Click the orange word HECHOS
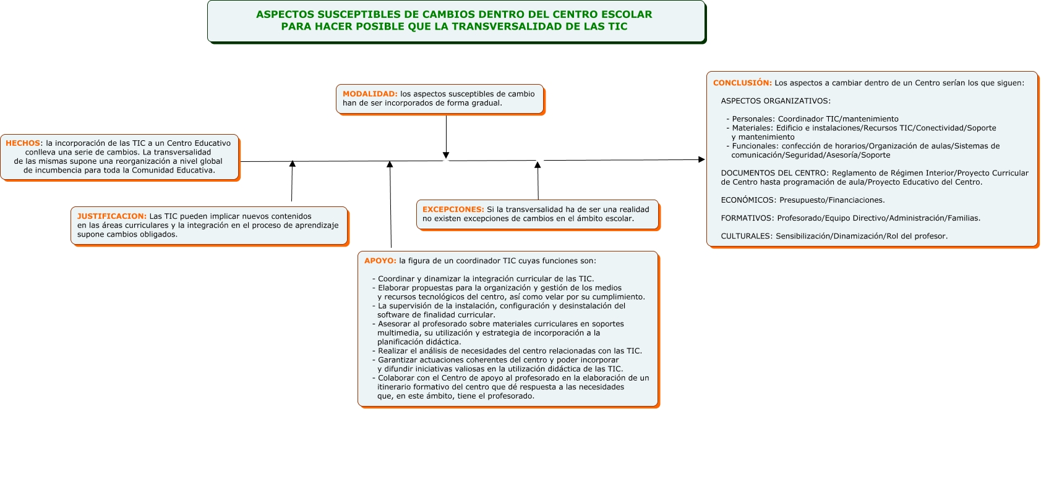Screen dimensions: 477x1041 [23, 143]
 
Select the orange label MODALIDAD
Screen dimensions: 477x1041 [370, 94]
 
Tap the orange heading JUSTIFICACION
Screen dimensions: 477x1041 [111, 216]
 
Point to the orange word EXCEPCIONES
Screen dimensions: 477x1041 [453, 209]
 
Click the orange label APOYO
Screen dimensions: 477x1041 [380, 261]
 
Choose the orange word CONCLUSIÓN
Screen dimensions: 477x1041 [742, 83]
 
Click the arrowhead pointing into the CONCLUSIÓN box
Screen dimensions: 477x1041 [701, 159]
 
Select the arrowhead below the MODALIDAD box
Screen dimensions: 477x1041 [446, 155]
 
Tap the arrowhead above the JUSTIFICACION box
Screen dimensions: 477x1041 [293, 164]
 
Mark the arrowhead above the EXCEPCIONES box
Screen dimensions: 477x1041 [538, 164]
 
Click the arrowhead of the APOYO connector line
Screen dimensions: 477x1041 [390, 164]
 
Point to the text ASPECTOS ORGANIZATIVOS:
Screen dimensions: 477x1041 [776, 101]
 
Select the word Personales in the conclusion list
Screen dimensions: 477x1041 [753, 119]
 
